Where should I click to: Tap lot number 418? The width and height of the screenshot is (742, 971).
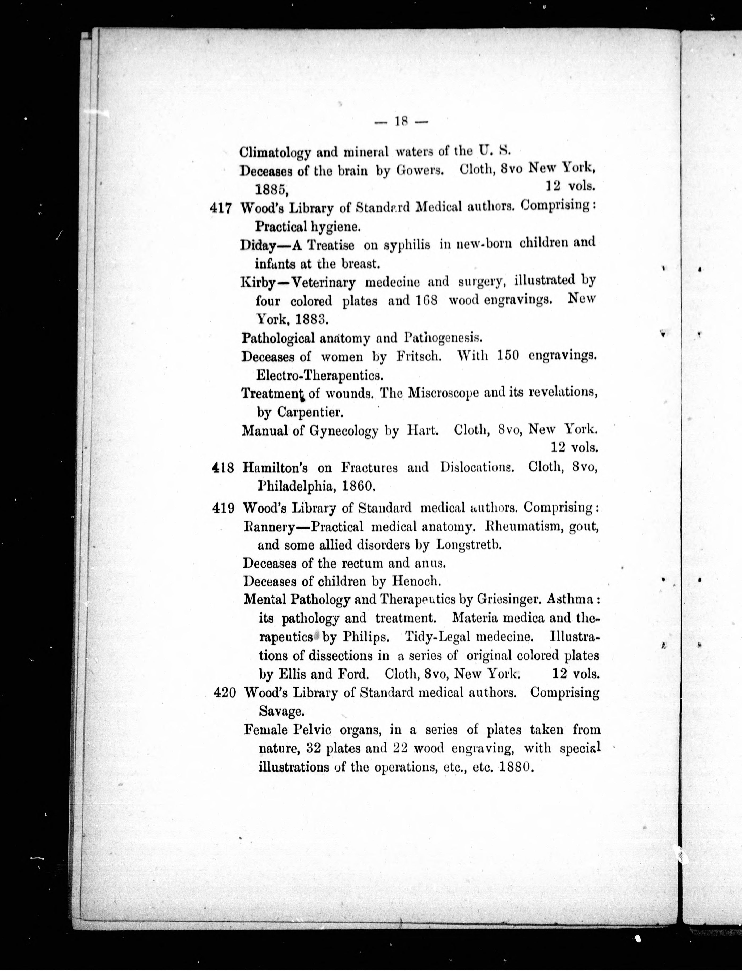223,468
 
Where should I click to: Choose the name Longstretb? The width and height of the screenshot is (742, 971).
469,545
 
